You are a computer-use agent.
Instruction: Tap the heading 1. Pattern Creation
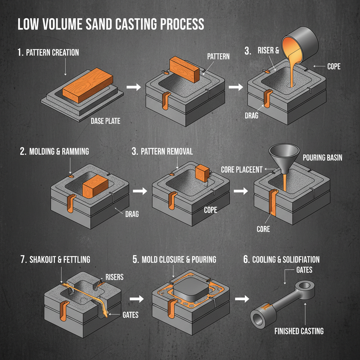(x=48, y=53)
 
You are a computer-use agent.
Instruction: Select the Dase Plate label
(x=105, y=121)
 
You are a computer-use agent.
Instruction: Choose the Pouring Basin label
(x=322, y=157)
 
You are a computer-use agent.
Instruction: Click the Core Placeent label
(x=242, y=170)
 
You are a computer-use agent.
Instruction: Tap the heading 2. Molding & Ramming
(x=54, y=152)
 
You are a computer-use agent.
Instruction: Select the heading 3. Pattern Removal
(x=162, y=152)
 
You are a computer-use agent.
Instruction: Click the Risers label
(x=115, y=277)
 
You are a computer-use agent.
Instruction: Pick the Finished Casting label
(x=299, y=331)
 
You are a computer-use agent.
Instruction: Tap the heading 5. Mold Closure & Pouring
(x=174, y=259)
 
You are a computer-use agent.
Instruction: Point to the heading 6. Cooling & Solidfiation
(x=281, y=259)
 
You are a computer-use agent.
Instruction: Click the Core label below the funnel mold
(x=263, y=229)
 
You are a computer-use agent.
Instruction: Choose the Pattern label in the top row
(x=219, y=56)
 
